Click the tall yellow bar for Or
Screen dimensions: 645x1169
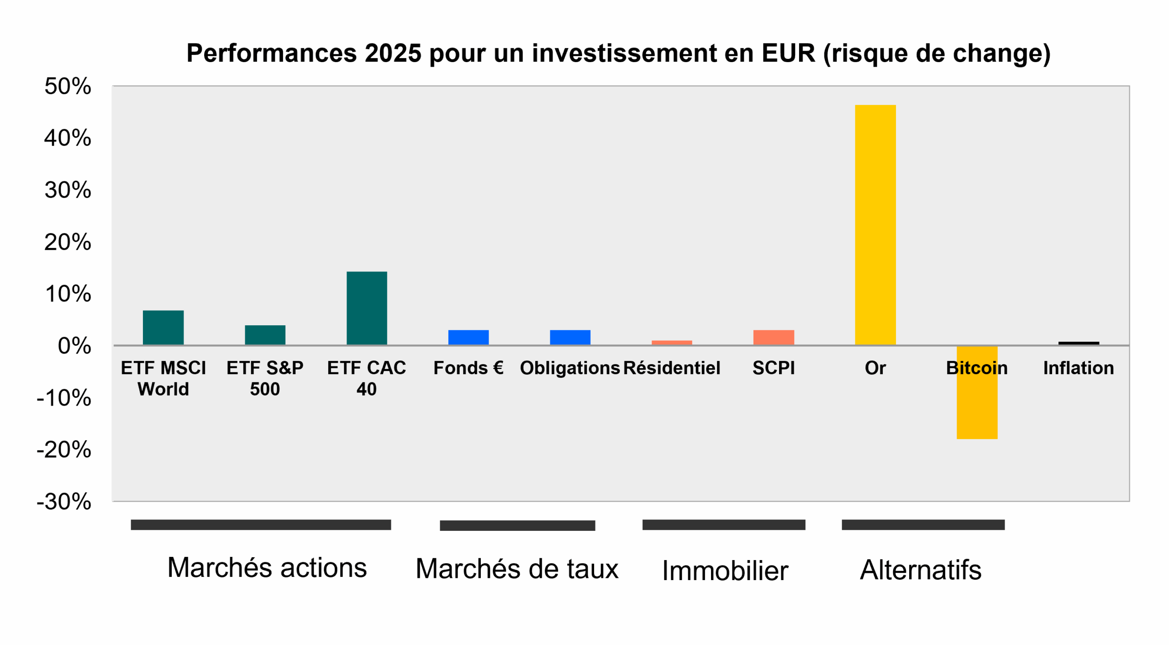click(875, 225)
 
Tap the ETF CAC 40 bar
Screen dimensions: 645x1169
click(367, 308)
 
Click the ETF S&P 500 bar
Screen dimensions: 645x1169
click(265, 335)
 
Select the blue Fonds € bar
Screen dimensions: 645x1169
click(468, 337)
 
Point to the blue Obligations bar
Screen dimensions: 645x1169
click(570, 337)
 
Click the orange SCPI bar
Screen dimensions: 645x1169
click(774, 337)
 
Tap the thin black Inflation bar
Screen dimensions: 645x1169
click(1079, 343)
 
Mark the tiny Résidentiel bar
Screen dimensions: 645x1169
click(672, 342)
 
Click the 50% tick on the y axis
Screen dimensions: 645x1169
click(68, 86)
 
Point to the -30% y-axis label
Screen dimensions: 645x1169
click(64, 502)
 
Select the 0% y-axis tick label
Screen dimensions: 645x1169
click(74, 346)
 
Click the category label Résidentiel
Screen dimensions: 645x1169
click(672, 368)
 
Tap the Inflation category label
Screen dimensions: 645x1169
click(1079, 368)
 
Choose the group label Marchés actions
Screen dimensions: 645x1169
click(267, 568)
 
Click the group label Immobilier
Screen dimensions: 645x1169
click(725, 571)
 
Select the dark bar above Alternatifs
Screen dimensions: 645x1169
click(923, 524)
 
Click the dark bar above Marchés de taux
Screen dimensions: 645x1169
click(517, 525)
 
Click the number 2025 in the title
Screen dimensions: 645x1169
click(393, 53)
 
